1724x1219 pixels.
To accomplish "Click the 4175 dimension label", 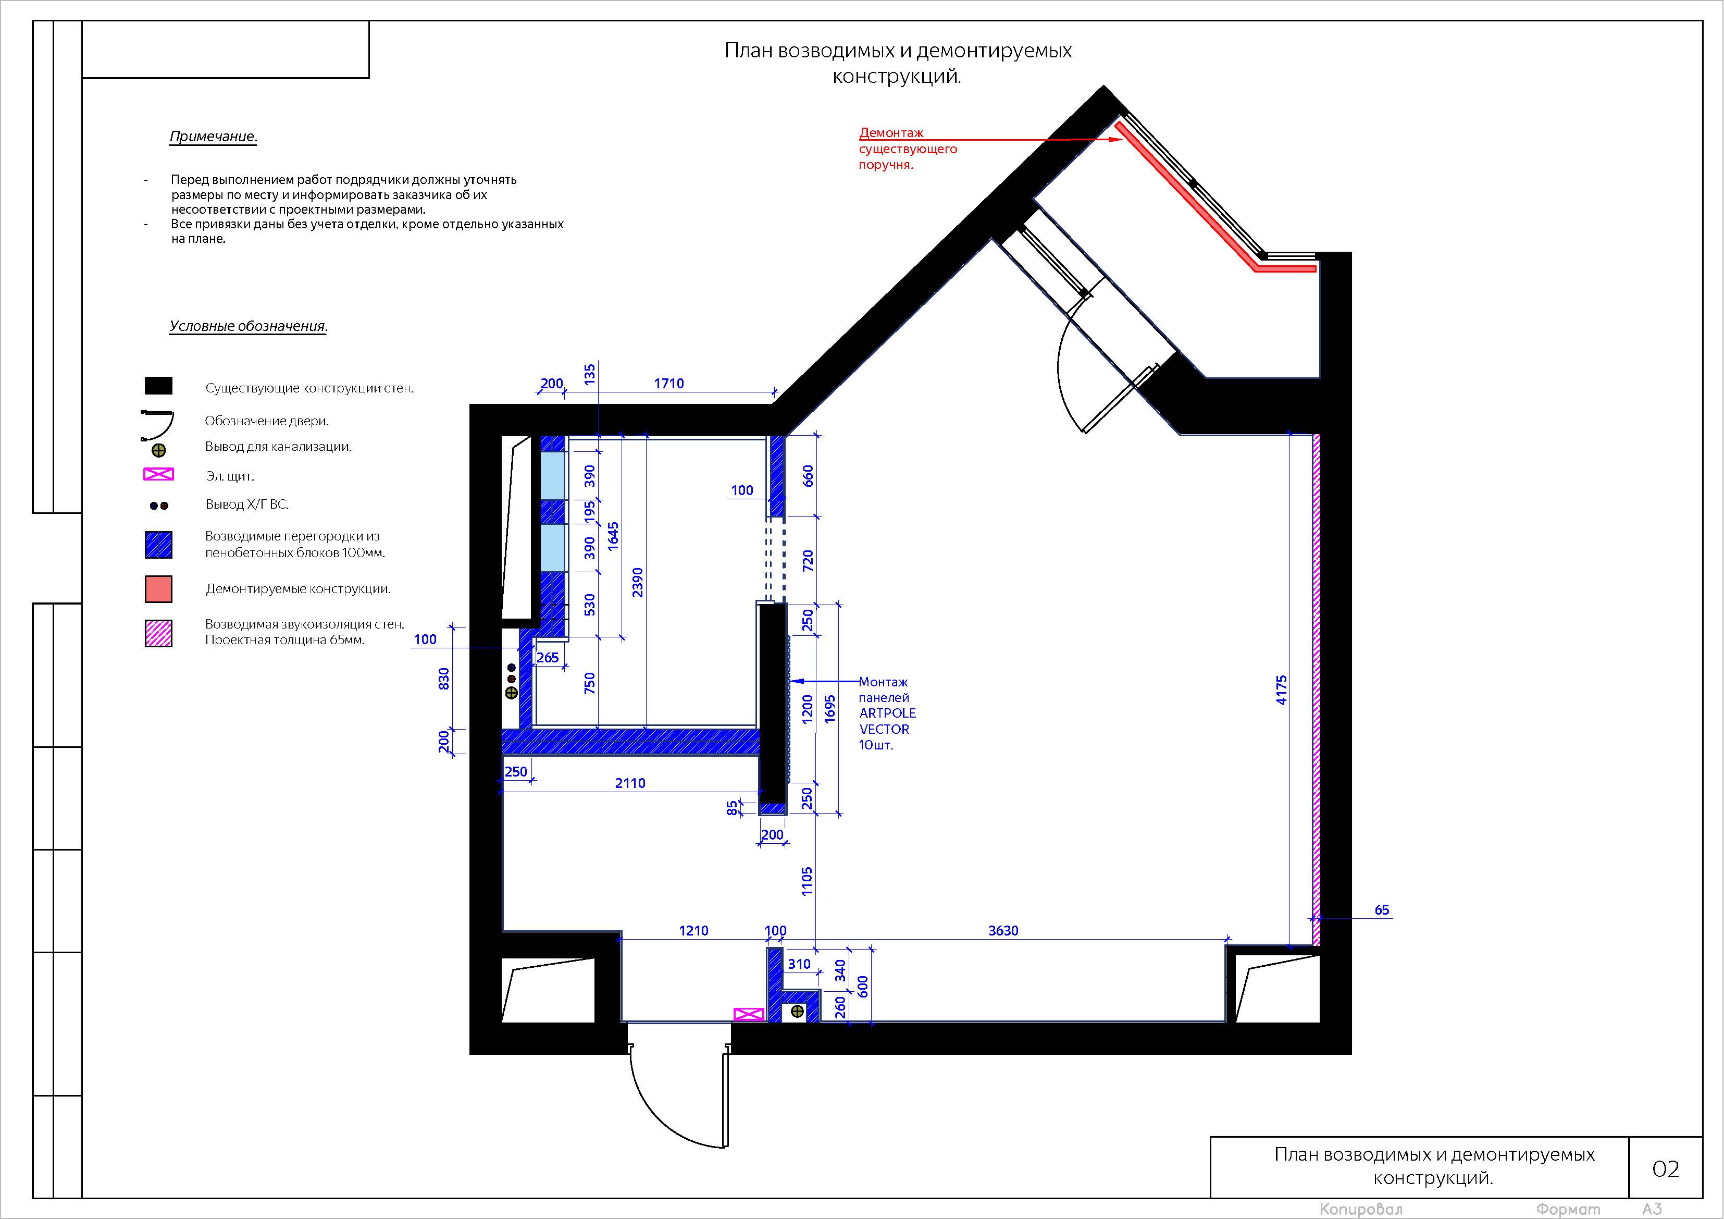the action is tap(1282, 689).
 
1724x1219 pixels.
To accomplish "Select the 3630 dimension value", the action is tap(1003, 931).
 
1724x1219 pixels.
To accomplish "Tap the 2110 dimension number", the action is tap(630, 783).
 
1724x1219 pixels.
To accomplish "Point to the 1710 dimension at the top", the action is tap(668, 383).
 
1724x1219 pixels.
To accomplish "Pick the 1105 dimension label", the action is tap(807, 881).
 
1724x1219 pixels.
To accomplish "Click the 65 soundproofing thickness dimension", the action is tap(1382, 909).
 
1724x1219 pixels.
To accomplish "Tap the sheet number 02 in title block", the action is tap(1666, 1168).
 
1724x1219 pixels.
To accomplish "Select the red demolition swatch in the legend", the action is tap(158, 589).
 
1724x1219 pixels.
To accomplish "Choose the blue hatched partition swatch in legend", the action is tap(158, 545).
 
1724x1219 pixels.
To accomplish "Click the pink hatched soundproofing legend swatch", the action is tap(158, 633).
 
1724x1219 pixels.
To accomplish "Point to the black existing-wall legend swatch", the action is tap(158, 386).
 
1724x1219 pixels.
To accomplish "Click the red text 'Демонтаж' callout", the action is tap(891, 133).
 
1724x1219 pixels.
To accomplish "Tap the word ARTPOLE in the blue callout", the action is tap(888, 713).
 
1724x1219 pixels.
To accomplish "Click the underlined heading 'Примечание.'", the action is tap(213, 137).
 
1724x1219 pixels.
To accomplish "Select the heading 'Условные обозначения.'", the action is tap(249, 326).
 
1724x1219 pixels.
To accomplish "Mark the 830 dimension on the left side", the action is tap(444, 679).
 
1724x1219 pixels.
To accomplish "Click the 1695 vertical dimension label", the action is tap(830, 709).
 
